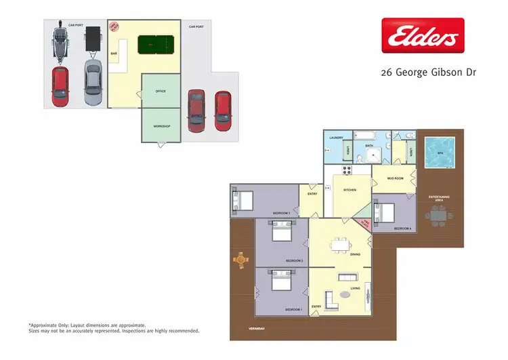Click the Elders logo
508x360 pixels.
(423, 35)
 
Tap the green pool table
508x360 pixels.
(156, 45)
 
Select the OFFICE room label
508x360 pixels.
(161, 91)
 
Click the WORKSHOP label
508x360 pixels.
(161, 126)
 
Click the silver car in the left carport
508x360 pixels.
(93, 82)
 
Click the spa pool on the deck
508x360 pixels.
(440, 153)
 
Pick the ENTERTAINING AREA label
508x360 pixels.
(439, 198)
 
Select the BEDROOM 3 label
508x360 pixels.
(281, 213)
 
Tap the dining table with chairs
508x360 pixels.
(339, 245)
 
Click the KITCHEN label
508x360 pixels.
(350, 190)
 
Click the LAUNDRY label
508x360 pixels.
(336, 138)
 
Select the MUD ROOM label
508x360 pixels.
(395, 178)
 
